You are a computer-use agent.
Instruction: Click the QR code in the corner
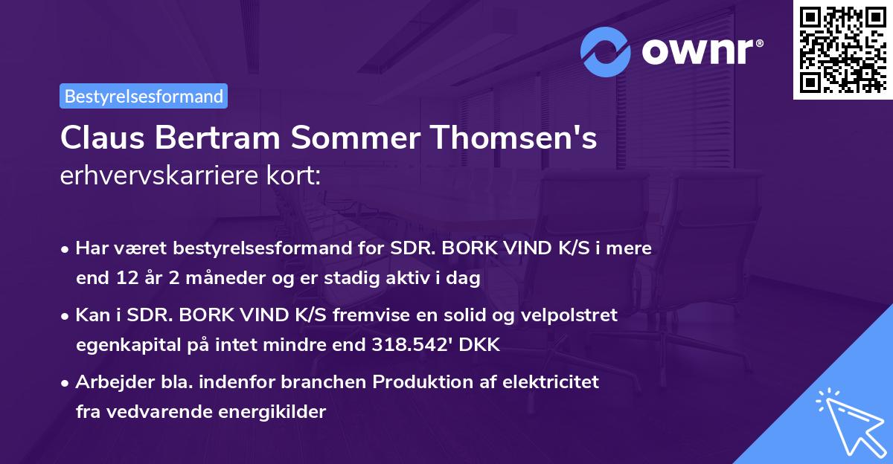click(842, 49)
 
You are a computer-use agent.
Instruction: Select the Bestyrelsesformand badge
click(144, 96)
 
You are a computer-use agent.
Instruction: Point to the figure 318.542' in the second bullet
click(413, 345)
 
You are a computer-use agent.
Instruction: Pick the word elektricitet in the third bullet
click(552, 382)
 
